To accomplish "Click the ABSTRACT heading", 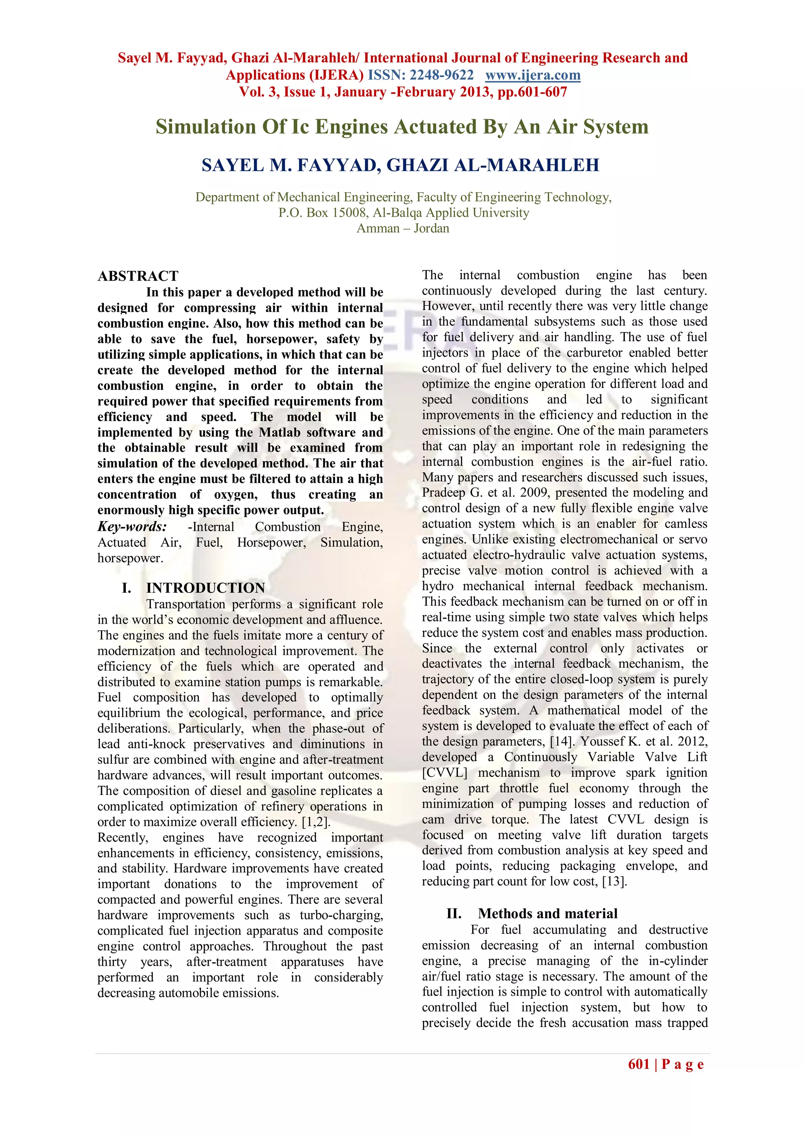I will pos(138,276).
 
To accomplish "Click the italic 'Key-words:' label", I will pos(132,526).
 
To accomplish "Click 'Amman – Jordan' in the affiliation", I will pos(402,228).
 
